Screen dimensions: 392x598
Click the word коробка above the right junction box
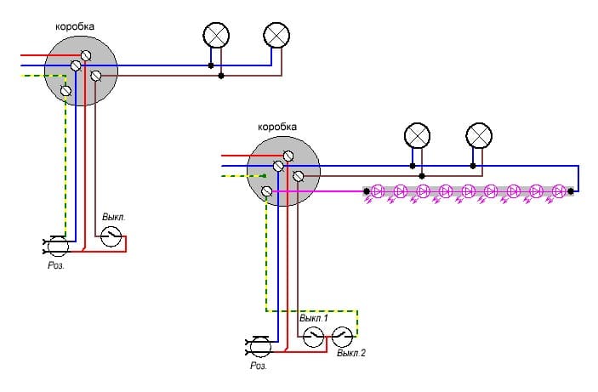point(279,127)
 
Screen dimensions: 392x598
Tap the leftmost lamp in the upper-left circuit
point(216,35)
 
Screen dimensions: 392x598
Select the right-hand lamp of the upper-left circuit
point(277,35)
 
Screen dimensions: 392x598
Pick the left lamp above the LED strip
point(417,135)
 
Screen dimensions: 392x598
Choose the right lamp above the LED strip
point(480,135)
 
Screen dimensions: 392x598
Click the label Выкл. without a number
point(113,217)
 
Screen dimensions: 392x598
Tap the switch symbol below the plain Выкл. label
point(111,239)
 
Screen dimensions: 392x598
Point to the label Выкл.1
point(315,318)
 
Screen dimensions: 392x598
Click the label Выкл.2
point(350,352)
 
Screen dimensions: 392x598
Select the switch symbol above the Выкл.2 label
point(342,336)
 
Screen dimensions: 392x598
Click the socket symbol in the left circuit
point(57,247)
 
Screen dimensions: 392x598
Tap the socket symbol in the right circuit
point(259,345)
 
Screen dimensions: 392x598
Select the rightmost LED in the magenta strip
point(558,191)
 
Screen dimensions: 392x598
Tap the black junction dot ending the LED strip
point(571,192)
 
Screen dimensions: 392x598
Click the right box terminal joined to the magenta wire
point(269,191)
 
